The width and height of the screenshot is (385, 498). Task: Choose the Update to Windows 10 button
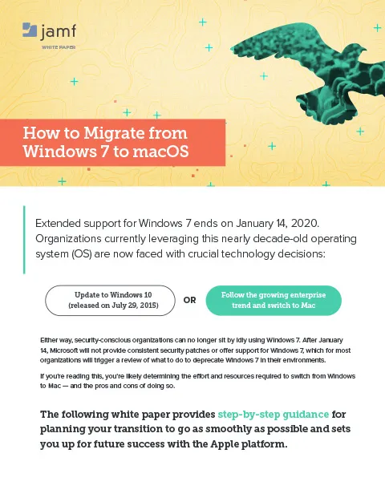(108, 301)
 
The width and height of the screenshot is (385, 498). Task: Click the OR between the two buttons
(191, 302)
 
